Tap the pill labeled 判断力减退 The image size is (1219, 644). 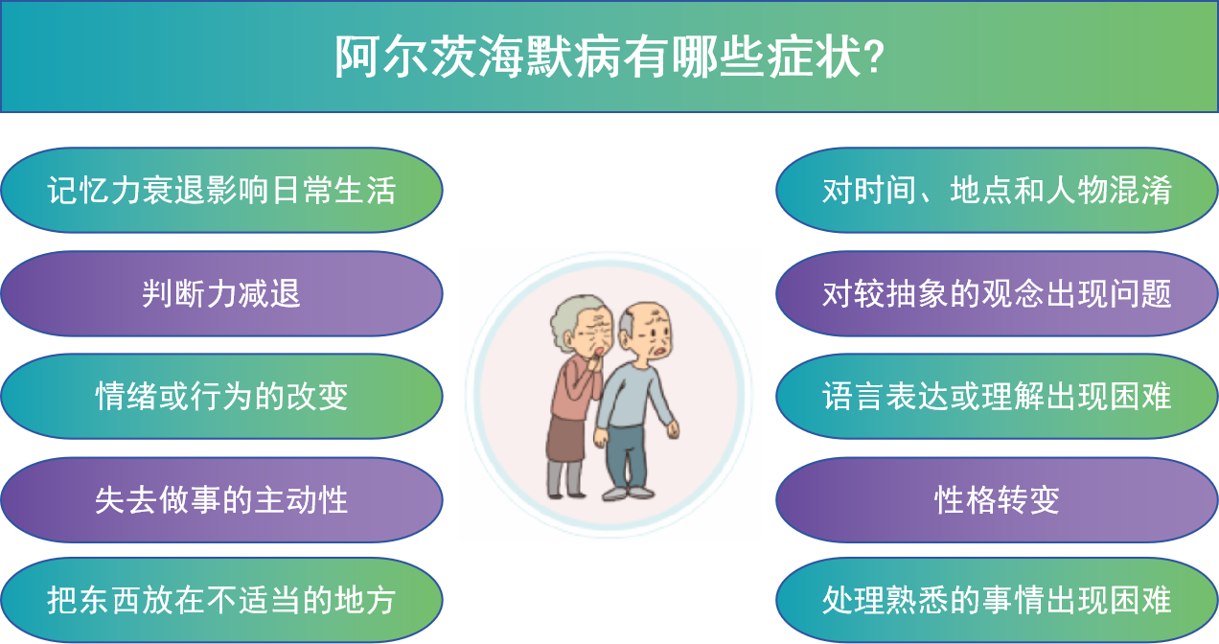[x=221, y=293]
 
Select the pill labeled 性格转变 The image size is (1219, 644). [x=997, y=499]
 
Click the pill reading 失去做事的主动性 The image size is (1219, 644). [x=221, y=499]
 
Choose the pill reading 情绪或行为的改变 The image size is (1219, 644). [x=221, y=397]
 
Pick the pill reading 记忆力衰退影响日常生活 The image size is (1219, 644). [x=221, y=190]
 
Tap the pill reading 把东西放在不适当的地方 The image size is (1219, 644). [x=221, y=600]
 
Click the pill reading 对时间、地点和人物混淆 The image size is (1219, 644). [x=997, y=190]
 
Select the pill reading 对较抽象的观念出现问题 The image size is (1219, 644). [x=997, y=293]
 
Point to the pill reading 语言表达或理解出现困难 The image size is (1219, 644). [x=997, y=397]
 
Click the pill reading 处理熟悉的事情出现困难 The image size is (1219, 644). [x=997, y=600]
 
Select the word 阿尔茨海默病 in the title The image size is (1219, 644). [x=477, y=57]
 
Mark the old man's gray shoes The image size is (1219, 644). [x=628, y=494]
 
